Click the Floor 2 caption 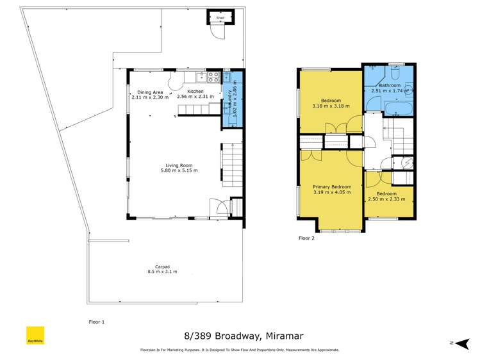coord(307,238)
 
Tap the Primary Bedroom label coord(332,187)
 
